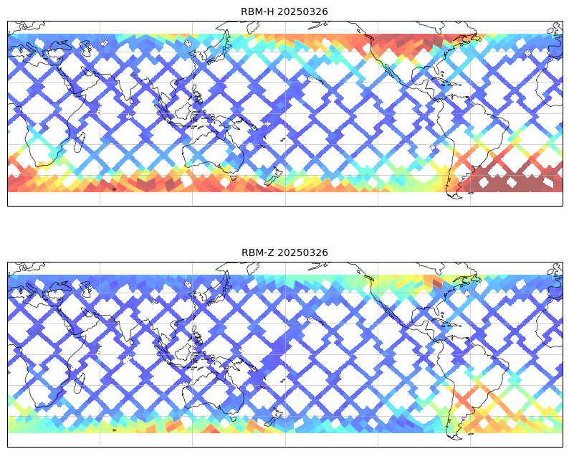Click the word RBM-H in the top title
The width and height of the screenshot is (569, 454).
pos(258,11)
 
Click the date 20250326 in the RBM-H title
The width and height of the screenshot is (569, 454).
pos(302,11)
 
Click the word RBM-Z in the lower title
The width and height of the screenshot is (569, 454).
pos(258,252)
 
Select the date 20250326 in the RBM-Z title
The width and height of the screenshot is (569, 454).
pos(303,252)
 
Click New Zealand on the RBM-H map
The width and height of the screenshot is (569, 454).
pos(272,176)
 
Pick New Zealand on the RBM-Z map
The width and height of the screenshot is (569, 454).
pos(272,417)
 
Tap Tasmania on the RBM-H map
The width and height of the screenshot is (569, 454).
pos(234,178)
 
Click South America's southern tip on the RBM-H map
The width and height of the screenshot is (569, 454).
pos(456,196)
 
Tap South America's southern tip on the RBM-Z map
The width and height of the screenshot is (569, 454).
pos(456,437)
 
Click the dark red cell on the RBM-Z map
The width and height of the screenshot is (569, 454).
pos(438,283)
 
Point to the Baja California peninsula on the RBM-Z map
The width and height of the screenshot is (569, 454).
pos(389,313)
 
